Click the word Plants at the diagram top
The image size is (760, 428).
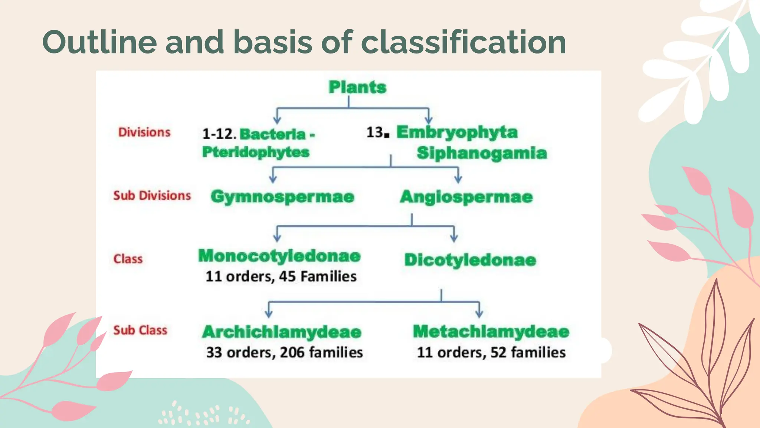point(357,87)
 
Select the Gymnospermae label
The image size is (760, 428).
point(282,197)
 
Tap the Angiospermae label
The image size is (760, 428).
point(466,197)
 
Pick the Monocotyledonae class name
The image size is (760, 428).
point(279,256)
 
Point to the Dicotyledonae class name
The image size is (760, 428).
point(470,260)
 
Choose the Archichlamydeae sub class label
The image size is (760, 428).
point(282,332)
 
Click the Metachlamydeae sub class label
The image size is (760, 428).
point(491,331)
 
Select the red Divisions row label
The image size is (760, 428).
point(144,132)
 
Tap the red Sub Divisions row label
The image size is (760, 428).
point(152,195)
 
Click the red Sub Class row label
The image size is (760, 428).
point(140,330)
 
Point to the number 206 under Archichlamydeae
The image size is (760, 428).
point(292,352)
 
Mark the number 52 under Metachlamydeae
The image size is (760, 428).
point(498,352)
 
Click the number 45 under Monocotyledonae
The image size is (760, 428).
point(287,276)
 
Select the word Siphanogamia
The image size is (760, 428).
point(482,153)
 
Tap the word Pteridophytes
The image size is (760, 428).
point(256,152)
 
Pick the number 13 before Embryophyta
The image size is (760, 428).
point(375,132)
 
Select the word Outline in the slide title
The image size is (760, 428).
point(99,42)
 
